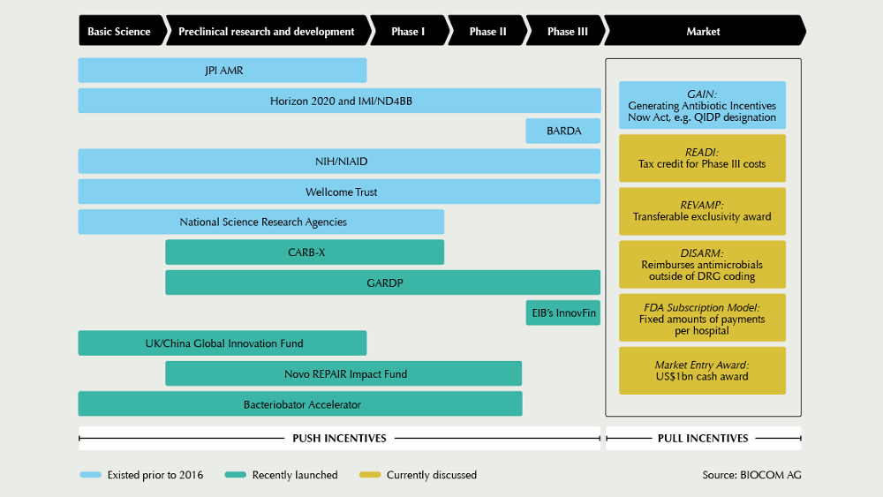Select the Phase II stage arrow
487,30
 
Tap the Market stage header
704,30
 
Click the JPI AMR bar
223,71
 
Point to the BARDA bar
563,132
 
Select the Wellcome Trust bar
339,192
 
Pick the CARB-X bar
305,252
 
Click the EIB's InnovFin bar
563,313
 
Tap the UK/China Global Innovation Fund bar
223,343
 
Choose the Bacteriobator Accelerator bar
300,404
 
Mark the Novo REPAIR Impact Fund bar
343,373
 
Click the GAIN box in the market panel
702,105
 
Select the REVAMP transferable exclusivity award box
702,211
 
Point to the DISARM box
702,265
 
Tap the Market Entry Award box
702,371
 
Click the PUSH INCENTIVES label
340,439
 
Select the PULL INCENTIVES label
703,439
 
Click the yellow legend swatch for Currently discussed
370,475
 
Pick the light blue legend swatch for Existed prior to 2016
90,475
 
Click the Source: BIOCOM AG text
751,475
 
